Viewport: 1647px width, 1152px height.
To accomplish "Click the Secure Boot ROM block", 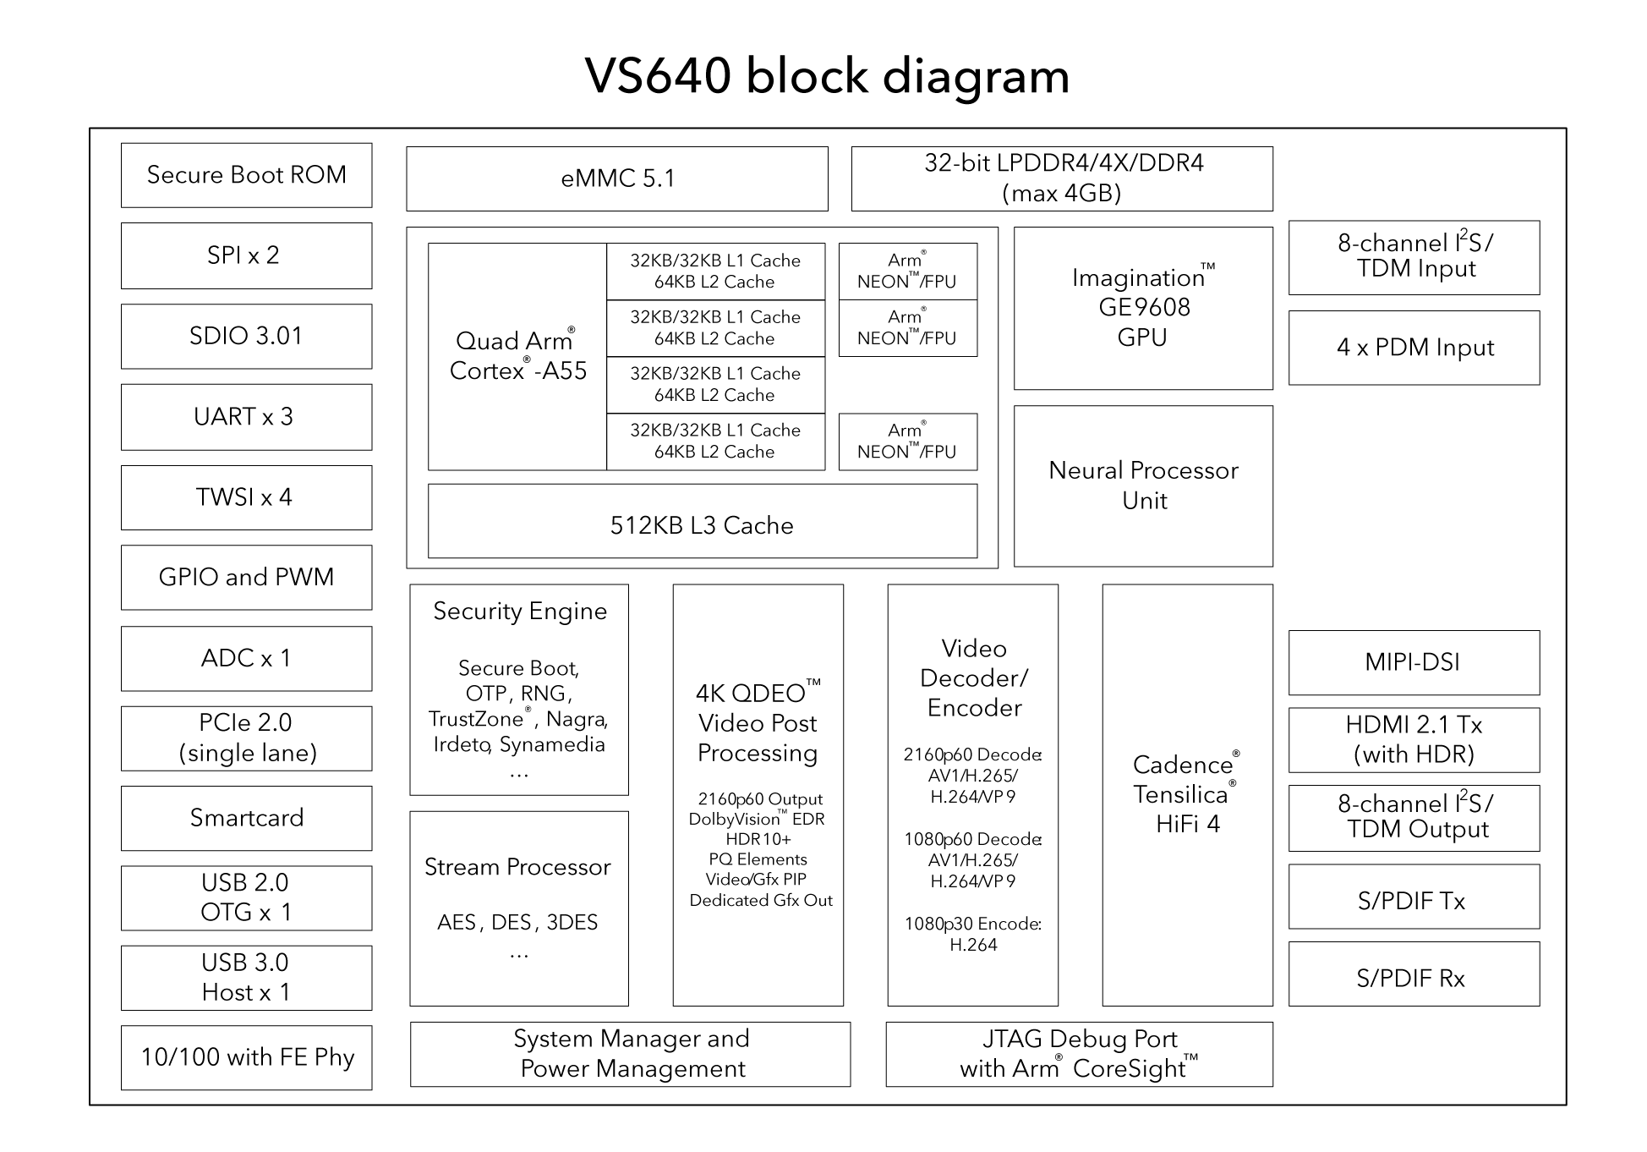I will pos(246,175).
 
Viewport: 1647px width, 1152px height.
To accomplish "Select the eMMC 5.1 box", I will pos(616,178).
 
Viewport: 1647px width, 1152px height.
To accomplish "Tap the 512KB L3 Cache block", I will pos(702,524).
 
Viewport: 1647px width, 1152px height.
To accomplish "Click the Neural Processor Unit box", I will pos(1143,485).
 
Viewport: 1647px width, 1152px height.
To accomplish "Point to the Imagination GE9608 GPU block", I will pos(1143,308).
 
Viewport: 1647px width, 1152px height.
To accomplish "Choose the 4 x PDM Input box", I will pos(1414,348).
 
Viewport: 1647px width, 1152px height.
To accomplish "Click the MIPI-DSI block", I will pos(1414,662).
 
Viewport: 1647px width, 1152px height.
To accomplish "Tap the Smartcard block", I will pos(246,818).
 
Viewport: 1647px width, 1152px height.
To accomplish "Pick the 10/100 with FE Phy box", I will pos(246,1057).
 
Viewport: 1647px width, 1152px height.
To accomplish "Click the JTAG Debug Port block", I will pos(1079,1054).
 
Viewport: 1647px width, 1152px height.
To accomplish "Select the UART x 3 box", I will pos(246,417).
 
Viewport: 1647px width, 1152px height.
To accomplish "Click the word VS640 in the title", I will pos(657,76).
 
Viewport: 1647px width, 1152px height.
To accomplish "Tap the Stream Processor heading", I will pos(517,867).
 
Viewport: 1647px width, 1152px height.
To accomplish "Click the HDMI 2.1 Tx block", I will pos(1414,739).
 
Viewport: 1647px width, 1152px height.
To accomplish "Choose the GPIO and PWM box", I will pos(246,577).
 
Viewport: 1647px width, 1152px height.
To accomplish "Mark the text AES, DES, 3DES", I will pos(517,922).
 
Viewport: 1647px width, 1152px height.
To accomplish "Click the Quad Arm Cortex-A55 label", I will pos(517,356).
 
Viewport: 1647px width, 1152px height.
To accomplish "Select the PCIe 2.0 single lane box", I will pos(246,738).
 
